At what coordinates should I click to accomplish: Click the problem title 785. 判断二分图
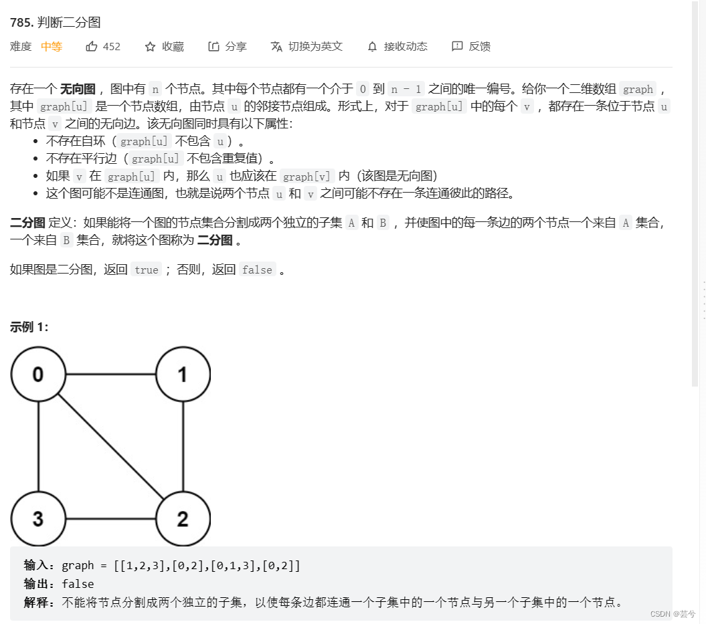56,22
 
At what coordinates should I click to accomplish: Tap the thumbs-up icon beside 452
92,46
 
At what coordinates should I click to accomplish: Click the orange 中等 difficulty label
52,46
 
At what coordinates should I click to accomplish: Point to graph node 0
38,374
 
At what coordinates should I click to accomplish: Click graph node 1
183,374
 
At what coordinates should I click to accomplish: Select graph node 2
183,518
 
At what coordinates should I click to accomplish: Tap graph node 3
38,518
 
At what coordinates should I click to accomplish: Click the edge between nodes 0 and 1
110,374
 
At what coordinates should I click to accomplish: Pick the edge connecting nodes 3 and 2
110,519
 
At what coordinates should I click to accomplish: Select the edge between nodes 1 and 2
183,446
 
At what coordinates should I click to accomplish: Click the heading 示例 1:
29,327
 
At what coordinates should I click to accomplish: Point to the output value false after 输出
78,584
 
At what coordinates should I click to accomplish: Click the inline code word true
146,270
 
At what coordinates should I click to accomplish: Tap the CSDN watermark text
673,614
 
